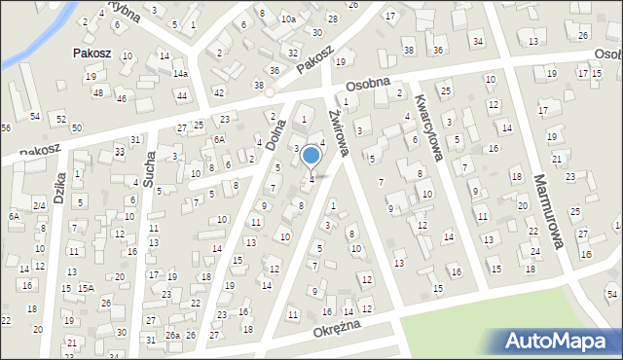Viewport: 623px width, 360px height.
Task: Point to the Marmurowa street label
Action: pyautogui.click(x=549, y=210)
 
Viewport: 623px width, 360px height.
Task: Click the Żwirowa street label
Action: pyautogui.click(x=336, y=129)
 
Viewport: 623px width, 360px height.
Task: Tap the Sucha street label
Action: pyautogui.click(x=149, y=168)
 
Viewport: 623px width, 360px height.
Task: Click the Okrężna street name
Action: pyautogui.click(x=338, y=331)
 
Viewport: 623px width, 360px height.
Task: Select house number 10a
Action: pyautogui.click(x=288, y=18)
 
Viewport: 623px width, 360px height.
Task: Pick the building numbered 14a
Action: pyautogui.click(x=180, y=74)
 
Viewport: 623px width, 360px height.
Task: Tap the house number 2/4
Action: pyautogui.click(x=39, y=205)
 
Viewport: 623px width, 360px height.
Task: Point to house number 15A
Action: pyautogui.click(x=87, y=288)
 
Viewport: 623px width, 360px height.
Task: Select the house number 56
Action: pyautogui.click(x=6, y=128)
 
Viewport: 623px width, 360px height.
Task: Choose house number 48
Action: pyautogui.click(x=97, y=92)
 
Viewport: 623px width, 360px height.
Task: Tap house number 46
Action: pyautogui.click(x=121, y=99)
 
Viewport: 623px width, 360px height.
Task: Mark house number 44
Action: pyautogui.click(x=182, y=95)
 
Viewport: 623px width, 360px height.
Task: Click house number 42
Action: pyautogui.click(x=218, y=92)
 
